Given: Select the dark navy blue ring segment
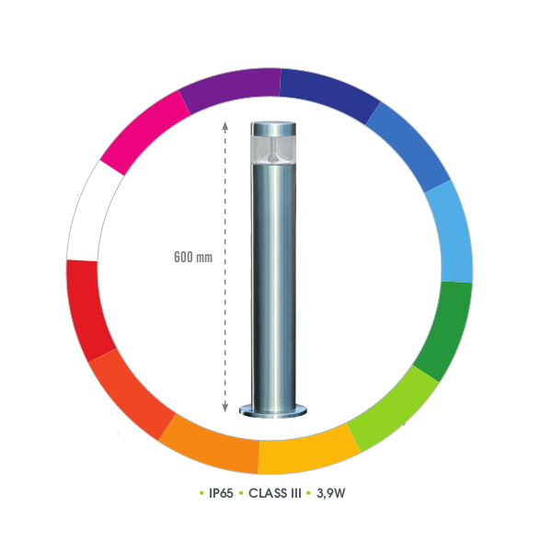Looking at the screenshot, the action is tap(329, 91).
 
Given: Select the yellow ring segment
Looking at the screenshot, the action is tap(306, 453).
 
